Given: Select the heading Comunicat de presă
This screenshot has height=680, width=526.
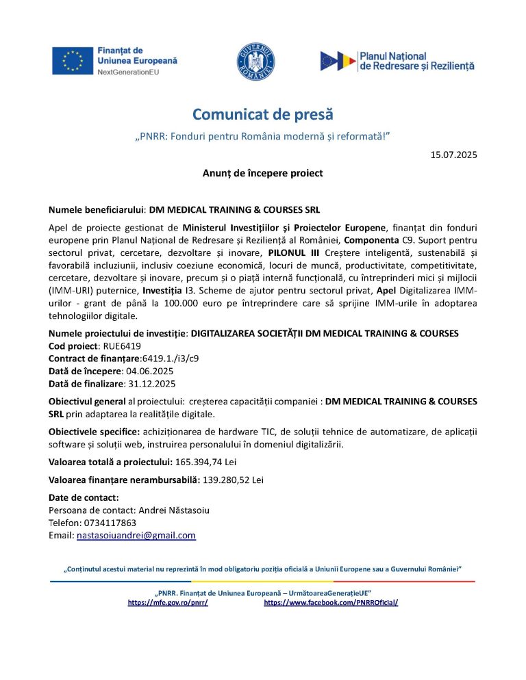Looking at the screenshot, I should pos(262,114).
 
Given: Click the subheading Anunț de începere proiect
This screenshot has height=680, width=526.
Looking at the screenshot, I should pos(262,173).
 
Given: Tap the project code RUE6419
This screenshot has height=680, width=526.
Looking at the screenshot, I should pos(121,345).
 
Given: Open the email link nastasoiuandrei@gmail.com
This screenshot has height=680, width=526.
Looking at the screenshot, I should pos(136,536).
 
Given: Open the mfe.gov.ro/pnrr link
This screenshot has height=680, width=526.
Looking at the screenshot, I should pos(168,603).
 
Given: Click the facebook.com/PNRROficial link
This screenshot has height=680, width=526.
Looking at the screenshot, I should pos(331,603).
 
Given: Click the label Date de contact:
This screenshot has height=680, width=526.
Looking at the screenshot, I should pos(84,497).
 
